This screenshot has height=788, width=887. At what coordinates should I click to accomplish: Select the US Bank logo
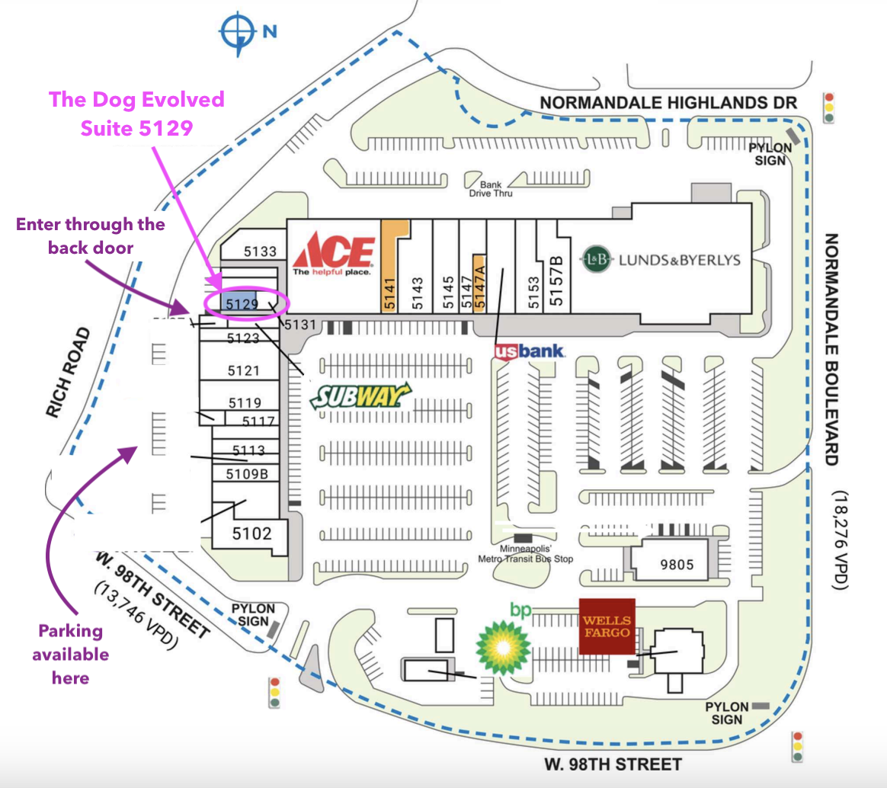pyautogui.click(x=530, y=351)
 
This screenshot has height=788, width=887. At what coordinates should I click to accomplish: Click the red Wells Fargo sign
pyautogui.click(x=607, y=626)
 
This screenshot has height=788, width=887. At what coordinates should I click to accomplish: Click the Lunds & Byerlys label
pyautogui.click(x=661, y=259)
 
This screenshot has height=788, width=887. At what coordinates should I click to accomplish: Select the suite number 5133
pyautogui.click(x=260, y=251)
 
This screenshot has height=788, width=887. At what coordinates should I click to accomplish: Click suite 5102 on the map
pyautogui.click(x=251, y=533)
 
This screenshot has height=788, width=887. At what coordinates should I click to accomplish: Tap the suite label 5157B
pyautogui.click(x=557, y=282)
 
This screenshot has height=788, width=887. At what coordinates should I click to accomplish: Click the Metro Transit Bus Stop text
pyautogui.click(x=525, y=554)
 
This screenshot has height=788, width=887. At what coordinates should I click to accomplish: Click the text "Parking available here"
pyautogui.click(x=71, y=654)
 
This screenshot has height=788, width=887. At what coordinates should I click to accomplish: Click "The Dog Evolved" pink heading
pyautogui.click(x=137, y=99)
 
